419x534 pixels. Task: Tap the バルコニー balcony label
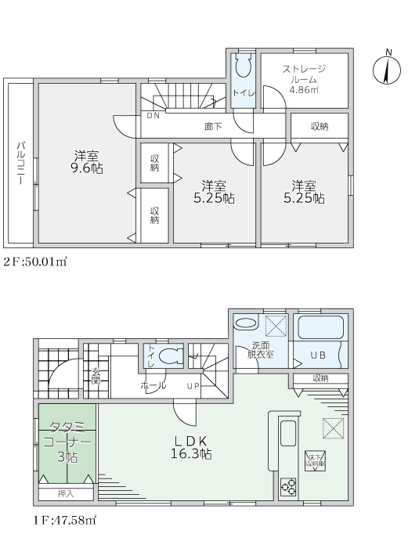[x=20, y=163]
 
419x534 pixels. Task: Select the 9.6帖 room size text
[x=86, y=168]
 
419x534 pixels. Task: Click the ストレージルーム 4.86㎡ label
[x=304, y=79]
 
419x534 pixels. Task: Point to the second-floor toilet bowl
[x=244, y=66]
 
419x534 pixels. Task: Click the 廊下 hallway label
[x=213, y=127]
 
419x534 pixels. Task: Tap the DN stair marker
[x=154, y=116]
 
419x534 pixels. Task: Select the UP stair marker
[x=193, y=386]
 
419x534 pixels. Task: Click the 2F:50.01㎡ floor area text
[x=35, y=262]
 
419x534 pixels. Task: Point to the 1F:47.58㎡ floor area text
[x=65, y=521]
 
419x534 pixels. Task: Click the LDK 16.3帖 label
[x=191, y=447]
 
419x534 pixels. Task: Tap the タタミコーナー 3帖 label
[x=67, y=442]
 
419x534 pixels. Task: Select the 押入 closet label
[x=66, y=493]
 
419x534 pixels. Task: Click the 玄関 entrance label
[x=96, y=376]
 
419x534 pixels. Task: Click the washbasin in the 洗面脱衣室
[x=245, y=323]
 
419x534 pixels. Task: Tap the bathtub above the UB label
[x=320, y=327]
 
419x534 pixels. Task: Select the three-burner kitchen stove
[x=288, y=487]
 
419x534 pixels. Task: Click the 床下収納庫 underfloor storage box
[x=315, y=461]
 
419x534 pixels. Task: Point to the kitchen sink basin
[x=288, y=433]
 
